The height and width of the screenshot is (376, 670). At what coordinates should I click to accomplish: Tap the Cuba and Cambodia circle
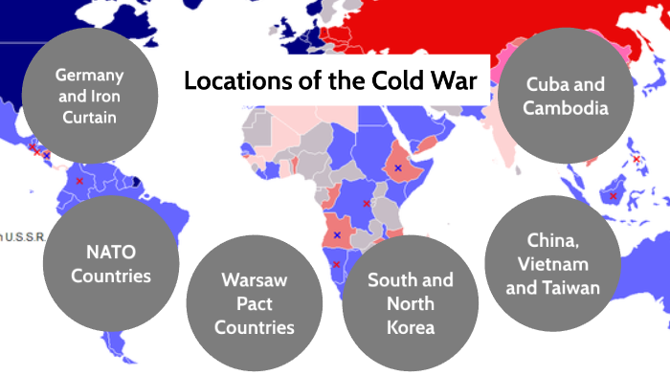coord(567,96)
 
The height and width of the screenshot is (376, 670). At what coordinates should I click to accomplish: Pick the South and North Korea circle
coord(411,303)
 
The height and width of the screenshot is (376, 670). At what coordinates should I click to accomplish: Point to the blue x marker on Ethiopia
coord(398,167)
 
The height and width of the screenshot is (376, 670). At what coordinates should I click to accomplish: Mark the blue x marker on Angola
coord(337,234)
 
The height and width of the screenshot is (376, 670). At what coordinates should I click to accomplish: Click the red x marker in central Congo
coord(366,204)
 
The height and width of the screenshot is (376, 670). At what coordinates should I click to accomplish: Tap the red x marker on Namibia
coord(336,264)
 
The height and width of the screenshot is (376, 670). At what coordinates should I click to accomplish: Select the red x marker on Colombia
coord(80,180)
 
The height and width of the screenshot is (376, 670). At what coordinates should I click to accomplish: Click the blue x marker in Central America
coord(46,155)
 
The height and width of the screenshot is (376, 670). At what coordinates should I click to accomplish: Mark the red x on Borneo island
coord(613,196)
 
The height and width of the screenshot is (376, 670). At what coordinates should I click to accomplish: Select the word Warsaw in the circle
coord(254,280)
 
